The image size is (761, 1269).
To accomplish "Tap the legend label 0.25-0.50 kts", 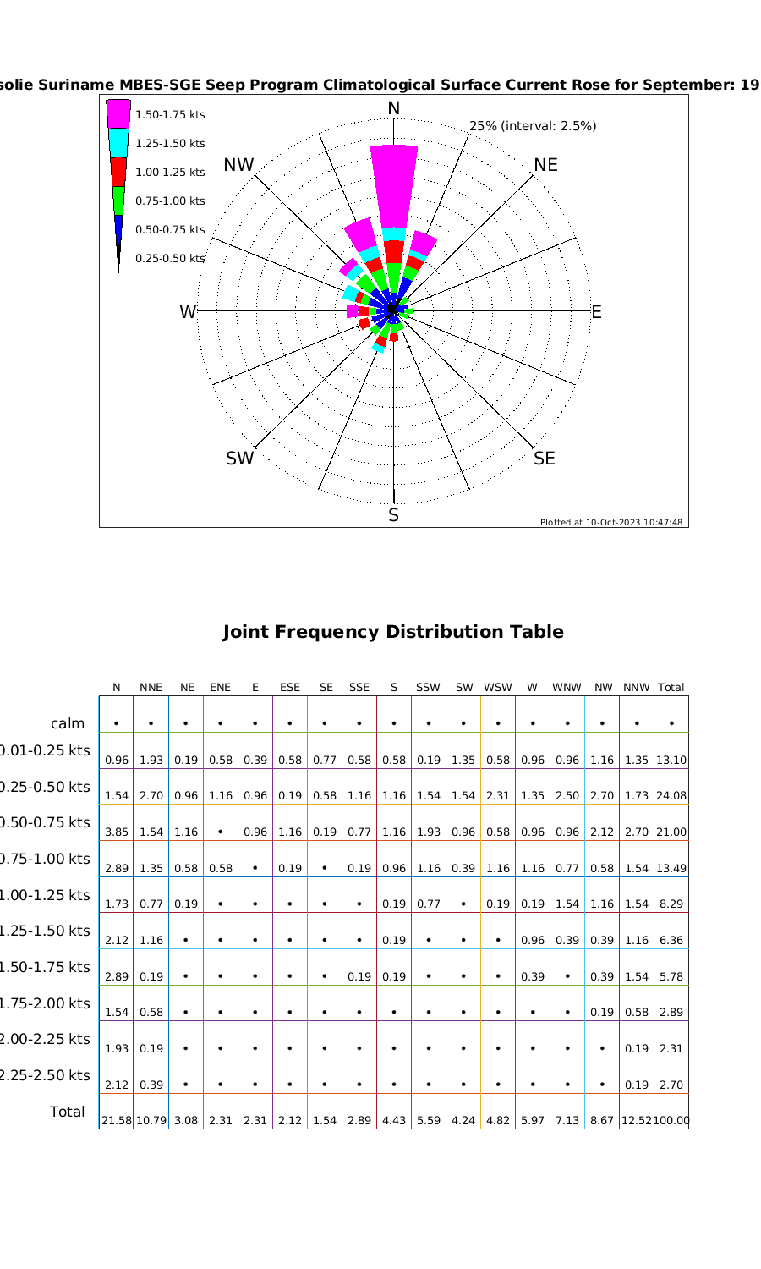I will coord(170,258).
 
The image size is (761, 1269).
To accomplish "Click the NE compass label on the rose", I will coord(545,165).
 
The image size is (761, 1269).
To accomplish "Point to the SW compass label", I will coord(239,459).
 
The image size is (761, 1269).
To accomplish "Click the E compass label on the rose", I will coord(596,312).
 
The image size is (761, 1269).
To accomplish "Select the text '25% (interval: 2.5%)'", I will coord(533,126).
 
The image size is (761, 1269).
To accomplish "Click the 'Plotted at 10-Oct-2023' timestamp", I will coord(611,522).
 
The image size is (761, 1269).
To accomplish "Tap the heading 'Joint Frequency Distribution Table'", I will coord(392,632).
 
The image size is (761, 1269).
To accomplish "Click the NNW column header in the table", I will coord(635,688).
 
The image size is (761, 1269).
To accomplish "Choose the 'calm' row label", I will coord(68,723).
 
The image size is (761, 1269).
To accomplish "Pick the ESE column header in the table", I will coord(290,688).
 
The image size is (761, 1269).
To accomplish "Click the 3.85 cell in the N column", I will coord(117,832).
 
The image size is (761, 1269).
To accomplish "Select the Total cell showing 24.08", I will coord(671,796).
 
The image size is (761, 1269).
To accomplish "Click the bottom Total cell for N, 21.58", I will coord(117,1120).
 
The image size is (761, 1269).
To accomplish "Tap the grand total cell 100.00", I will coord(672,1120).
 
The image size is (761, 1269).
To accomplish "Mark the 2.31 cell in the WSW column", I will coord(498,796).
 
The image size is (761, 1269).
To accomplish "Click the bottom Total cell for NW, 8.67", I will coord(602,1120).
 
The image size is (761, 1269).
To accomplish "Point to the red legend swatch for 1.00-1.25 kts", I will coord(118,171).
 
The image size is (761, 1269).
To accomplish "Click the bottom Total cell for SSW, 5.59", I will coord(429,1120).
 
